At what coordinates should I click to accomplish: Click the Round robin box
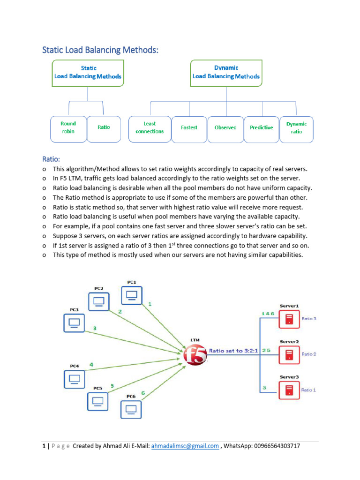(x=68, y=128)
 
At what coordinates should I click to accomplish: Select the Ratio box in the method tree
(x=104, y=128)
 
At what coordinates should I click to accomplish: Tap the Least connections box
(x=150, y=128)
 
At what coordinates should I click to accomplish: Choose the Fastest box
(x=189, y=128)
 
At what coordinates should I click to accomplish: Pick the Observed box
(x=225, y=128)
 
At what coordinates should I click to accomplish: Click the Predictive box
(x=261, y=128)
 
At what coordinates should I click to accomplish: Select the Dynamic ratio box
(x=296, y=128)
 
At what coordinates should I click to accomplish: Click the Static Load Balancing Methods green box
(x=88, y=73)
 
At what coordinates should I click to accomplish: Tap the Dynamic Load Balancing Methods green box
(x=226, y=73)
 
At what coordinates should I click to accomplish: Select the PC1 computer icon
(x=132, y=296)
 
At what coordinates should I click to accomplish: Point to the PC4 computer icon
(x=74, y=379)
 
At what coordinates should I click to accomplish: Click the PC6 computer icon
(x=131, y=409)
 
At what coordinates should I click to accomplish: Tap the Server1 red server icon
(x=289, y=320)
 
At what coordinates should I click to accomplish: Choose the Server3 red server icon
(x=289, y=390)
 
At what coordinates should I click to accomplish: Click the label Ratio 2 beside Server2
(x=309, y=354)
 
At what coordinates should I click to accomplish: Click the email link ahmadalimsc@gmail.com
(x=185, y=446)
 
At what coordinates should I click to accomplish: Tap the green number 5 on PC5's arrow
(x=112, y=386)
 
